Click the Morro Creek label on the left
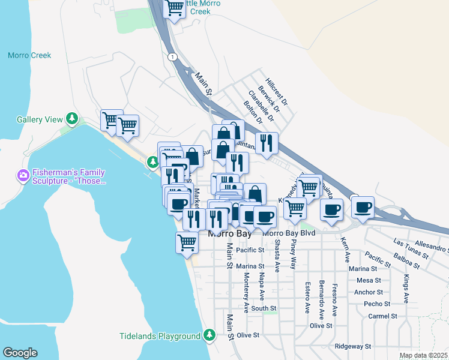coord(29,56)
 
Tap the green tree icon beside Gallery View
coord(73,119)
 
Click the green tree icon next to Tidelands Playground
coord(209,335)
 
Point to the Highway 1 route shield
coord(172,56)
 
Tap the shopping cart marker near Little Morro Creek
coord(174,8)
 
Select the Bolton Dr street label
coord(253,112)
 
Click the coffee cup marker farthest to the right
coord(363,208)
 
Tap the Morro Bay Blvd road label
coord(289,233)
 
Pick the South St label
coord(264,308)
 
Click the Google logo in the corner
coord(20,352)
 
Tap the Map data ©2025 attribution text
coord(423,355)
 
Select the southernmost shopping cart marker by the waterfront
coord(187,243)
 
